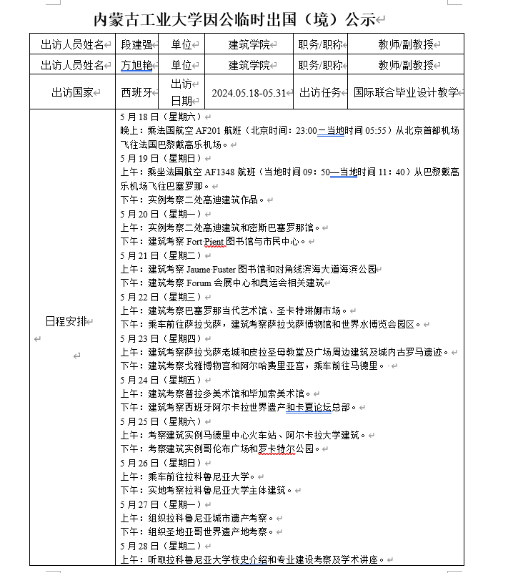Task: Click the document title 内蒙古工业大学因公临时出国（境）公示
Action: click(236, 19)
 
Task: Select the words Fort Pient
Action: click(206, 241)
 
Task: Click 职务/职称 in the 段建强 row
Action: click(321, 44)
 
